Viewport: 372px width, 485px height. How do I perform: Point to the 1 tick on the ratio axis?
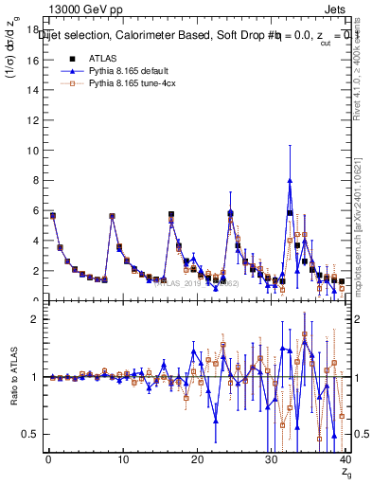click(x=35, y=377)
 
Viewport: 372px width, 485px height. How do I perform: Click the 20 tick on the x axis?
click(x=197, y=458)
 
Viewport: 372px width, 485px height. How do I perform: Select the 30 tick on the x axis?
click(x=272, y=458)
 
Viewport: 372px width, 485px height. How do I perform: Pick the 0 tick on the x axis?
click(x=47, y=458)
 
